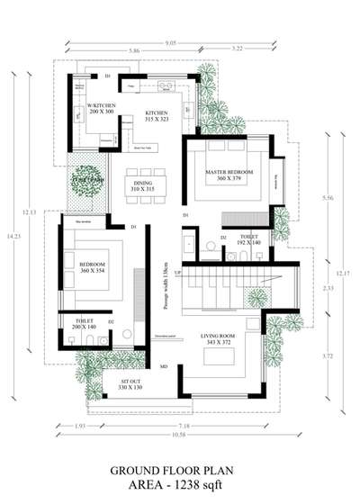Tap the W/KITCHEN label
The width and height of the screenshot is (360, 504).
pyautogui.click(x=101, y=106)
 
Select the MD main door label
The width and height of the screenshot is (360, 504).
pyautogui.click(x=164, y=367)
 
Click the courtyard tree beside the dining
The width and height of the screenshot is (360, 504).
pyautogui.click(x=88, y=177)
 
